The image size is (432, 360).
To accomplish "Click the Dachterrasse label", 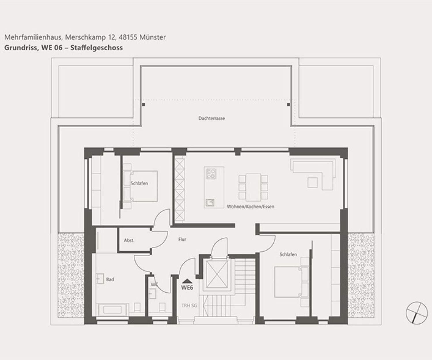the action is point(211,118).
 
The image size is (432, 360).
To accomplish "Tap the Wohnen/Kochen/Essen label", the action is point(250,206).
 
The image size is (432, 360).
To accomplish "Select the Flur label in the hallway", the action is point(182,239).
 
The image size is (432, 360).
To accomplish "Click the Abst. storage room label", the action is point(129,240).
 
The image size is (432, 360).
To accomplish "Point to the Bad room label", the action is point(110,280).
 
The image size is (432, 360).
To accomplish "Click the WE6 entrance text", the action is point(187,287).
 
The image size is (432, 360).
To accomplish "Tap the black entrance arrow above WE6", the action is point(187,281).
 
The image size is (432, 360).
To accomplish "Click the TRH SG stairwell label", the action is point(189,305).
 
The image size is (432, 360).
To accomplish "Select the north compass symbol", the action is point(417,312).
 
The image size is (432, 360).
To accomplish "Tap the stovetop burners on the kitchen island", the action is point(211,174).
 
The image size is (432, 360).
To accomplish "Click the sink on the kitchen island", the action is point(210,203).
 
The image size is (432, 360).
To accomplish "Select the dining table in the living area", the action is point(253,187).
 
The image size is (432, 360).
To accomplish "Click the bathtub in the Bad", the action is point(112,310).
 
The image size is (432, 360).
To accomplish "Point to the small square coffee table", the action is point(312,183).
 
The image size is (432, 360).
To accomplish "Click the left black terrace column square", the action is point(143,105).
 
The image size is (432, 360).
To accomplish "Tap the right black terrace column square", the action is point(288,105).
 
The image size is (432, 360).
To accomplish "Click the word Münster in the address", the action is point(153,37).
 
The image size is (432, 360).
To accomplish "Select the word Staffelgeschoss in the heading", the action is point(96,48).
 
